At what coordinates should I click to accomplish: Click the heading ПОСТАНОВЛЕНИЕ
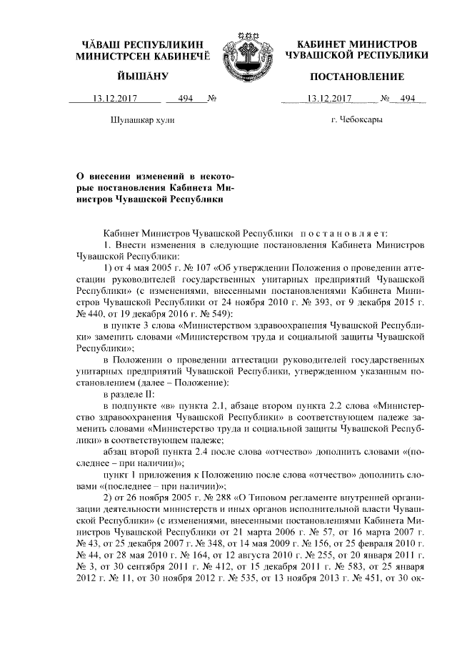point(353,76)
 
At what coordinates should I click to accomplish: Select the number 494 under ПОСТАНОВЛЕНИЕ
point(408,99)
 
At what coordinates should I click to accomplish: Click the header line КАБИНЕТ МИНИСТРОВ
point(353,44)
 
